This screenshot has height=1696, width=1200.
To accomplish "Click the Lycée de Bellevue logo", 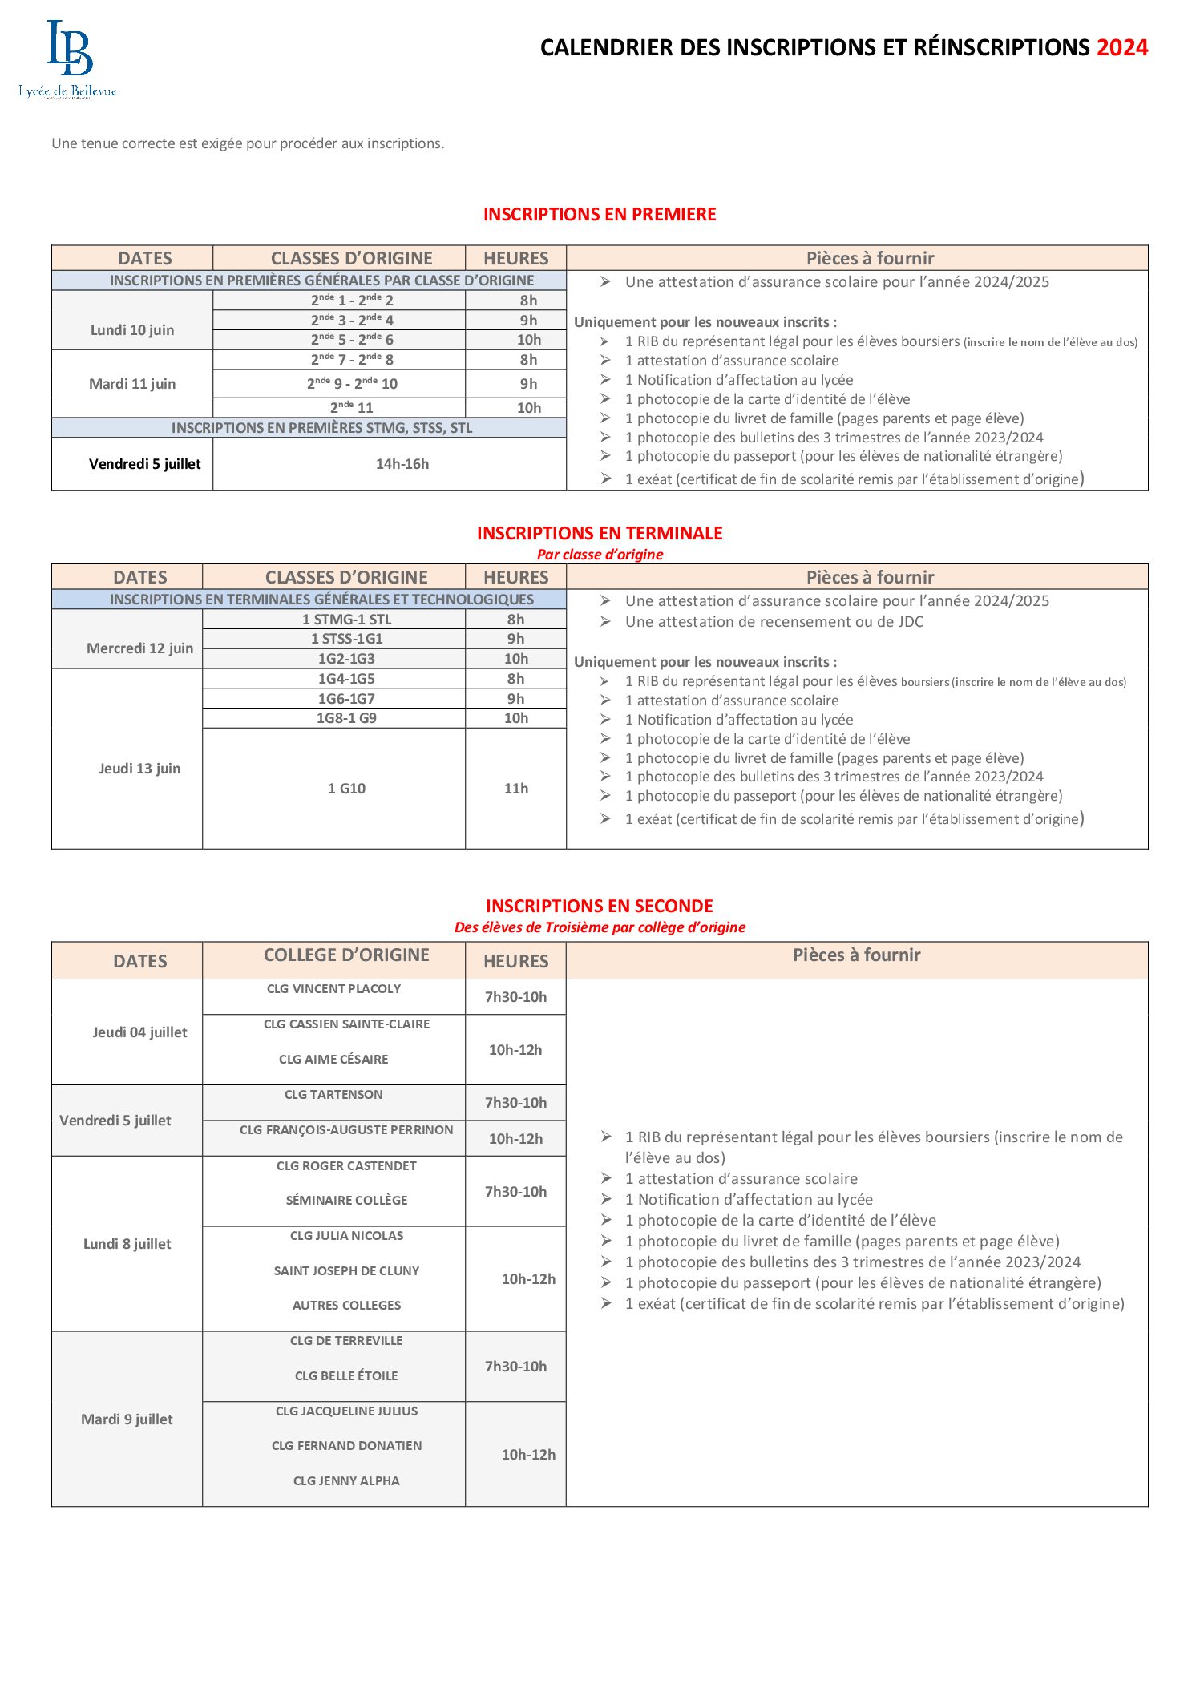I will point(68,60).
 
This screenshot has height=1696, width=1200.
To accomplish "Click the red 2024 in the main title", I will point(1121,48).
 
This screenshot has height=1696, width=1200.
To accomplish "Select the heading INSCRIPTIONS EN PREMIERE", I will point(600,215).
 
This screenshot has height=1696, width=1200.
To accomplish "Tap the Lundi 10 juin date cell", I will point(132,329).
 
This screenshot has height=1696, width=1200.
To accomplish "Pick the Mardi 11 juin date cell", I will point(132,384).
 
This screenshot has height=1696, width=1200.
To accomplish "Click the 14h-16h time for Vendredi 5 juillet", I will point(402,464).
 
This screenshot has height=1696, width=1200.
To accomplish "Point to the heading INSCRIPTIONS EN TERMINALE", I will point(600,534).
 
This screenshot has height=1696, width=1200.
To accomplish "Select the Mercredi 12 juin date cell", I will point(139,648).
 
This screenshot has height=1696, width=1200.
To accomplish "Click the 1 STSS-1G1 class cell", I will point(346,639).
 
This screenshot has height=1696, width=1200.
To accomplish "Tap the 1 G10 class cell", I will point(346,789).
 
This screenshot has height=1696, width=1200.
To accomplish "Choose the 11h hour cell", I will point(516,789).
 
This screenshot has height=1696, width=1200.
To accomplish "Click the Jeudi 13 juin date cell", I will point(139,769).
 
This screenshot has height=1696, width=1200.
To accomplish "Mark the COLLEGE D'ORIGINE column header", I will point(346,955).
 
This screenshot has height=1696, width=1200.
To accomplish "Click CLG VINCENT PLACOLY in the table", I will point(333,989).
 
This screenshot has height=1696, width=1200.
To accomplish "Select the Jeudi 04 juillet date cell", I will point(139,1032).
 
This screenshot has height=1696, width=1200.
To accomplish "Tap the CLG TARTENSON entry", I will point(333,1095).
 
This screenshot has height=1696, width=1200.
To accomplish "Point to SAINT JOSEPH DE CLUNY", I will point(346,1271).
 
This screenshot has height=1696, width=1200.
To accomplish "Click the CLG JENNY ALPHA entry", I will point(346,1481).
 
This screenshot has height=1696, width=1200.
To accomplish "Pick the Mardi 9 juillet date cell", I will point(127,1419).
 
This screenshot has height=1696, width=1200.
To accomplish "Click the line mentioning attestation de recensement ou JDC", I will point(774,622).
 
